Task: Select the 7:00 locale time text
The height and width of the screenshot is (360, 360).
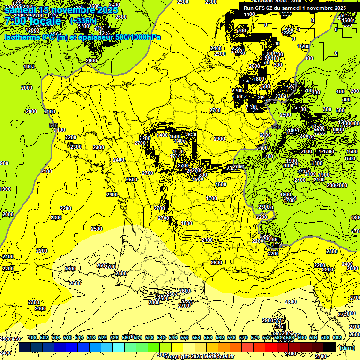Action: tap(33, 21)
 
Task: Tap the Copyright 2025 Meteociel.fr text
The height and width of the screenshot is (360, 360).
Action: tap(199, 357)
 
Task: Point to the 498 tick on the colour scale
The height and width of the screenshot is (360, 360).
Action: tap(32, 337)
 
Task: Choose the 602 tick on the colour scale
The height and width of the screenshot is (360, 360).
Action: tap(337, 337)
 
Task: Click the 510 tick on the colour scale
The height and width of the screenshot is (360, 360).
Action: tap(67, 337)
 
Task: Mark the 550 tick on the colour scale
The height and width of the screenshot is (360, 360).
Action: tap(185, 337)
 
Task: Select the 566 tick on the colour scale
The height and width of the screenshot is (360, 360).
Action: tap(232, 337)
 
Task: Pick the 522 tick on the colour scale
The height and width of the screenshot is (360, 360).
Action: tap(103, 337)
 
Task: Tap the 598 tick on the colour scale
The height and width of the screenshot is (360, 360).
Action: tap(325, 337)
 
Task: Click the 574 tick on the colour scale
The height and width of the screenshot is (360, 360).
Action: tap(255, 337)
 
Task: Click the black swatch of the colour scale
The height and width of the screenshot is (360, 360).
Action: tap(329, 347)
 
